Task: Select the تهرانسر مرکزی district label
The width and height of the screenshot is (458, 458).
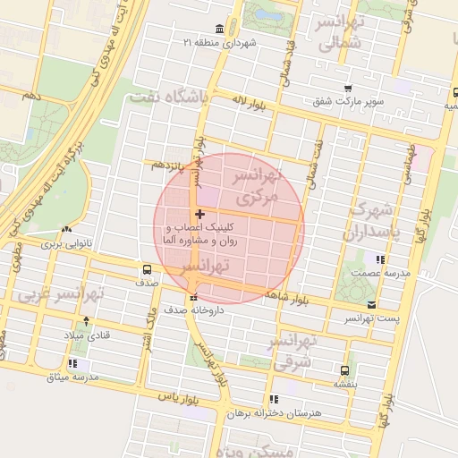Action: coord(258,183)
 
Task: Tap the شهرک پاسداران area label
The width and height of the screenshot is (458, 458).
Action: coord(369,221)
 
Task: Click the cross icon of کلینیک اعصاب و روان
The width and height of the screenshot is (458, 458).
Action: coord(199,214)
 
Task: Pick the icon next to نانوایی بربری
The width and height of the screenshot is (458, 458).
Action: coord(66,229)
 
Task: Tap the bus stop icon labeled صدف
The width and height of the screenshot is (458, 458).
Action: coord(147,267)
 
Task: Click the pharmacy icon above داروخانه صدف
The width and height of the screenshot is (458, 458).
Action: coord(192,297)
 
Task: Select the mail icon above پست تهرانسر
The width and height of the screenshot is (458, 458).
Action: coord(371,304)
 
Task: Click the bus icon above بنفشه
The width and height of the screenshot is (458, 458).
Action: coord(344,369)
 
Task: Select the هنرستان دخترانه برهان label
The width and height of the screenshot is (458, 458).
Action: coord(271,414)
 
